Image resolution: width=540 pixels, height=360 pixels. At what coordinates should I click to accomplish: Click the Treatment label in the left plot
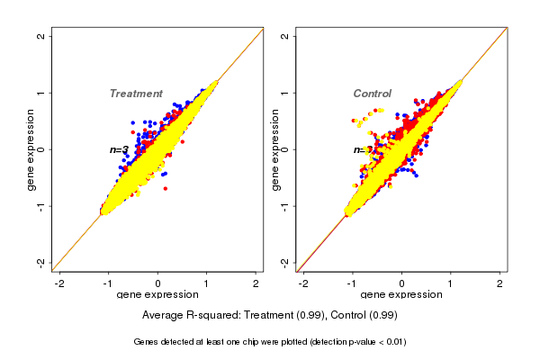tap(136, 94)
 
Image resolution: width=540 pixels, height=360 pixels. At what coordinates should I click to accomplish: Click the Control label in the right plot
tap(372, 94)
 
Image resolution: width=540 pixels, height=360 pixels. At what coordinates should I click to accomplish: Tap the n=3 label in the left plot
tap(119, 149)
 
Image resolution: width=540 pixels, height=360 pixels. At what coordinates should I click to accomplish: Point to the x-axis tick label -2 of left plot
tap(60, 284)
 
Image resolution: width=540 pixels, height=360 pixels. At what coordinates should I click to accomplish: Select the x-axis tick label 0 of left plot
tap(158, 284)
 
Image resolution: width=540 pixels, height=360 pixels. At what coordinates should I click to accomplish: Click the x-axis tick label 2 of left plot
tap(256, 284)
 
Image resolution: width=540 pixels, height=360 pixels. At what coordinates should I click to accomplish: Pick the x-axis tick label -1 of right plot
tap(353, 284)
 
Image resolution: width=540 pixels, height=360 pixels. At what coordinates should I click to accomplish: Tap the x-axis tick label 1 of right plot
tap(451, 284)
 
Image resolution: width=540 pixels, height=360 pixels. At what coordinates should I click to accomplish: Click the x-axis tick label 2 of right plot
tap(499, 284)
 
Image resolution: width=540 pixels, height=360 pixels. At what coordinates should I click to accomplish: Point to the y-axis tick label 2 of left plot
tap(41, 37)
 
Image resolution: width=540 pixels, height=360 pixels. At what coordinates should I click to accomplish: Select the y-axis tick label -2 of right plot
tap(285, 262)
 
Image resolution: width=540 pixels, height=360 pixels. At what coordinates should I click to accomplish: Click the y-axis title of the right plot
tap(274, 149)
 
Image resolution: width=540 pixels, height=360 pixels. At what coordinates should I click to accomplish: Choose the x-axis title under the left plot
tap(157, 295)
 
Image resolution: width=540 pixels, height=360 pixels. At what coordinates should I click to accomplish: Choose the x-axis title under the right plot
tap(401, 295)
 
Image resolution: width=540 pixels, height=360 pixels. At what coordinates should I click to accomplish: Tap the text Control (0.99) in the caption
tap(364, 316)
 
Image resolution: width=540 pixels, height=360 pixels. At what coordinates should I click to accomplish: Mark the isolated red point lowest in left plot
tap(165, 188)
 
